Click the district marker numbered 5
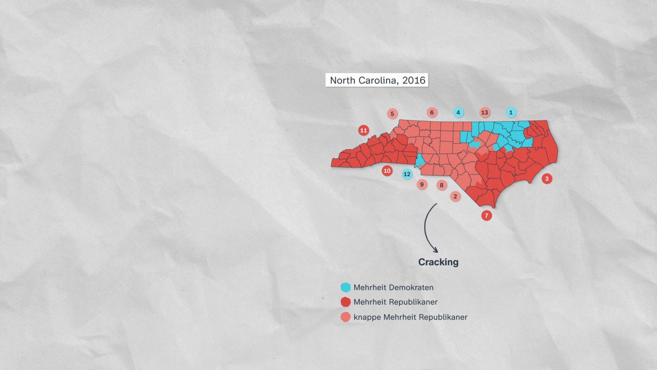pyautogui.click(x=392, y=114)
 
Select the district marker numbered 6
pyautogui.click(x=432, y=112)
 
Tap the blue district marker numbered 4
pyautogui.click(x=458, y=112)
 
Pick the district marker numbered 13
pyautogui.click(x=485, y=112)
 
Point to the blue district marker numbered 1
pyautogui.click(x=511, y=112)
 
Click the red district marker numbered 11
pyautogui.click(x=363, y=130)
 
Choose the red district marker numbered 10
pyautogui.click(x=387, y=171)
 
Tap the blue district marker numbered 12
pyautogui.click(x=407, y=174)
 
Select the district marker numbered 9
pyautogui.click(x=422, y=185)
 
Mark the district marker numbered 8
pyautogui.click(x=442, y=185)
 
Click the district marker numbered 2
pyautogui.click(x=455, y=197)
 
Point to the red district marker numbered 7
pyautogui.click(x=486, y=215)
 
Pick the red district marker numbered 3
pyautogui.click(x=547, y=178)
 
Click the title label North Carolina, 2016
pyautogui.click(x=377, y=80)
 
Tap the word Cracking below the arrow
pyautogui.click(x=438, y=262)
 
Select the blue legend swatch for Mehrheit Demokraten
pyautogui.click(x=346, y=287)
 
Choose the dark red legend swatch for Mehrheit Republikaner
pyautogui.click(x=346, y=302)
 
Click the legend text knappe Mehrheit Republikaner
pyautogui.click(x=410, y=317)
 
